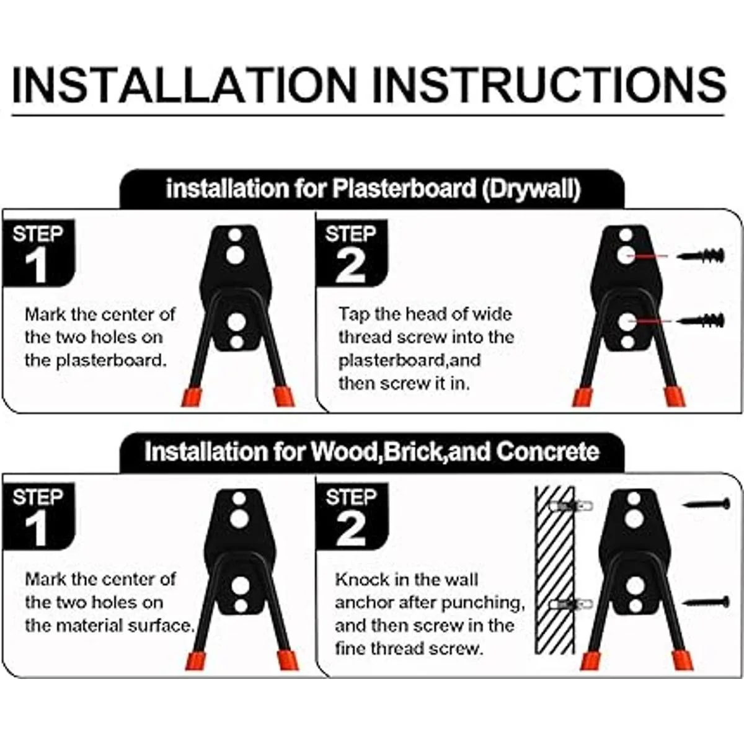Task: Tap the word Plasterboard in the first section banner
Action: [404, 189]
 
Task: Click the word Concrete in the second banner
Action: [547, 451]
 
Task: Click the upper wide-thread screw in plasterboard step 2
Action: [701, 255]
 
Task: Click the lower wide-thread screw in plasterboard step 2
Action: [701, 320]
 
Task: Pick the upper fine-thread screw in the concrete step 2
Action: [706, 503]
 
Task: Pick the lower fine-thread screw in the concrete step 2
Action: [706, 602]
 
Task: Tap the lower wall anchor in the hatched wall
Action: [570, 603]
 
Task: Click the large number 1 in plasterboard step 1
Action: [37, 265]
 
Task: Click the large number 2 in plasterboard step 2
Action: [350, 265]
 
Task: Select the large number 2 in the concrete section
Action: [350, 529]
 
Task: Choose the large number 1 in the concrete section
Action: [37, 529]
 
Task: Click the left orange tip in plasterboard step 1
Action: [192, 397]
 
